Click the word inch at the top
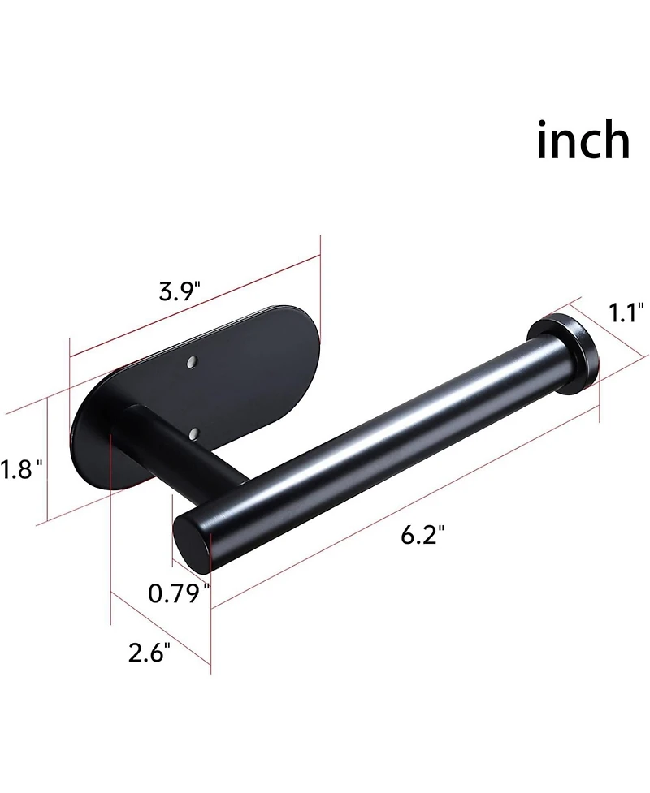[583, 140]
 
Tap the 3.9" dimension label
[180, 291]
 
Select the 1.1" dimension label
[626, 312]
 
